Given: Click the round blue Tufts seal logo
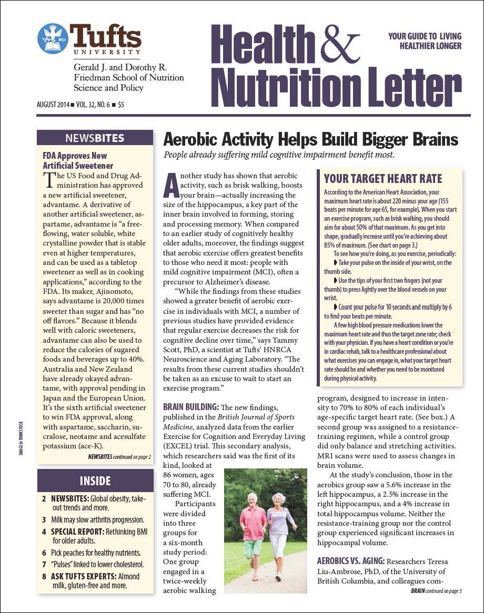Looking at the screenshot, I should click(53, 38).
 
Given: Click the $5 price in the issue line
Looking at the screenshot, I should click(121, 105).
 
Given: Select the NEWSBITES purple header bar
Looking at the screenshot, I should click(95, 138).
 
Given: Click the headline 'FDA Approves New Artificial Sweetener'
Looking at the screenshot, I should click(78, 160).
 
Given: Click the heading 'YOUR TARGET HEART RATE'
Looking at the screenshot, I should click(383, 178).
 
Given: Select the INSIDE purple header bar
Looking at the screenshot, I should click(95, 481).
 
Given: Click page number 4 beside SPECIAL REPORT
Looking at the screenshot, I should click(44, 532).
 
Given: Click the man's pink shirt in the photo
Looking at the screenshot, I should click(253, 522).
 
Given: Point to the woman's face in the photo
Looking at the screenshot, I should click(278, 498).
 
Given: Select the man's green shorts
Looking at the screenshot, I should click(253, 547).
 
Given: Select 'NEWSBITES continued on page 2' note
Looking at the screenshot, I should click(119, 457).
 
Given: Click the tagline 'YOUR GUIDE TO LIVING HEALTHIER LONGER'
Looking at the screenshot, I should click(425, 41).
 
